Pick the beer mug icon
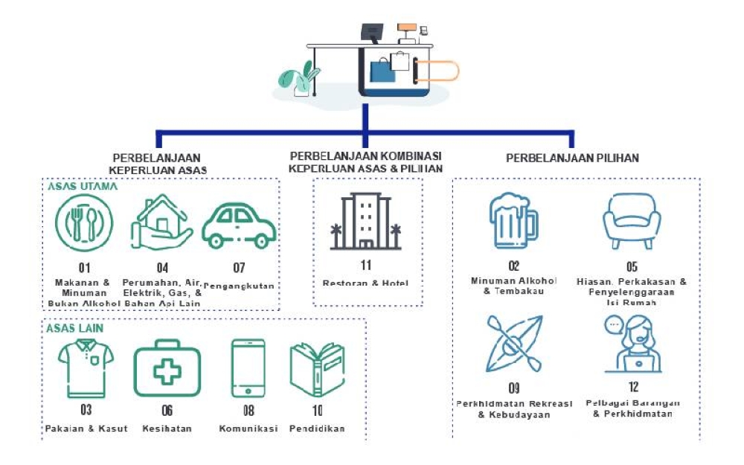tap(513, 222)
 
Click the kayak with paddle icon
tap(514, 343)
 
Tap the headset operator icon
tap(632, 343)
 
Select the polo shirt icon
tap(86, 368)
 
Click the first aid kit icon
tap(167, 368)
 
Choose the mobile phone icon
tap(248, 369)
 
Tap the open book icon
tap(316, 369)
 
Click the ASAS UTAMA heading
tap(82, 187)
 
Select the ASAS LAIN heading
tap(74, 327)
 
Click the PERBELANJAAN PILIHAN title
tap(572, 158)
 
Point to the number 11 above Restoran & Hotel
tap(366, 265)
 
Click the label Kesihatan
tap(167, 429)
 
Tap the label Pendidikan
tap(317, 429)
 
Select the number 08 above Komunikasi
tap(248, 410)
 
